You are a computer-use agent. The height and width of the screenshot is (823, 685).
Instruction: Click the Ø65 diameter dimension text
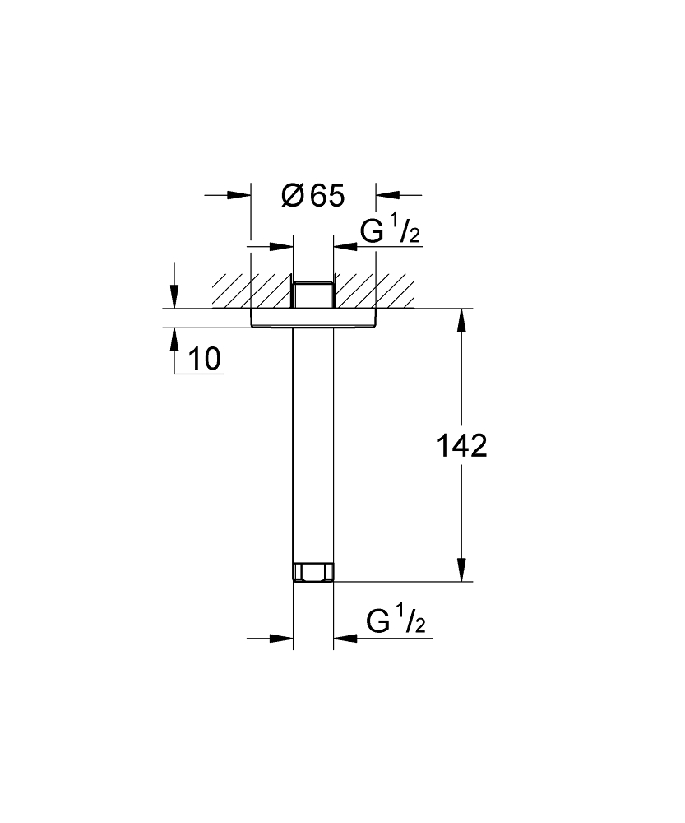coord(313,196)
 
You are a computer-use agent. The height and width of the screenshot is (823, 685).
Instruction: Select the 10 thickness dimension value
coord(205,359)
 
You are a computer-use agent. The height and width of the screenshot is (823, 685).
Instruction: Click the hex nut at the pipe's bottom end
coord(313,572)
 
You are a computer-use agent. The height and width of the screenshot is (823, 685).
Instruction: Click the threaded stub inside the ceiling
coord(313,295)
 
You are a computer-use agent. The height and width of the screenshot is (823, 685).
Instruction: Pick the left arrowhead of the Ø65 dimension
coord(240,195)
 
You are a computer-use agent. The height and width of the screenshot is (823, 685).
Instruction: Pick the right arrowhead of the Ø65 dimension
coord(386,195)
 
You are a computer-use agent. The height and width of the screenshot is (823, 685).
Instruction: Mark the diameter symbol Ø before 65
coord(292,196)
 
